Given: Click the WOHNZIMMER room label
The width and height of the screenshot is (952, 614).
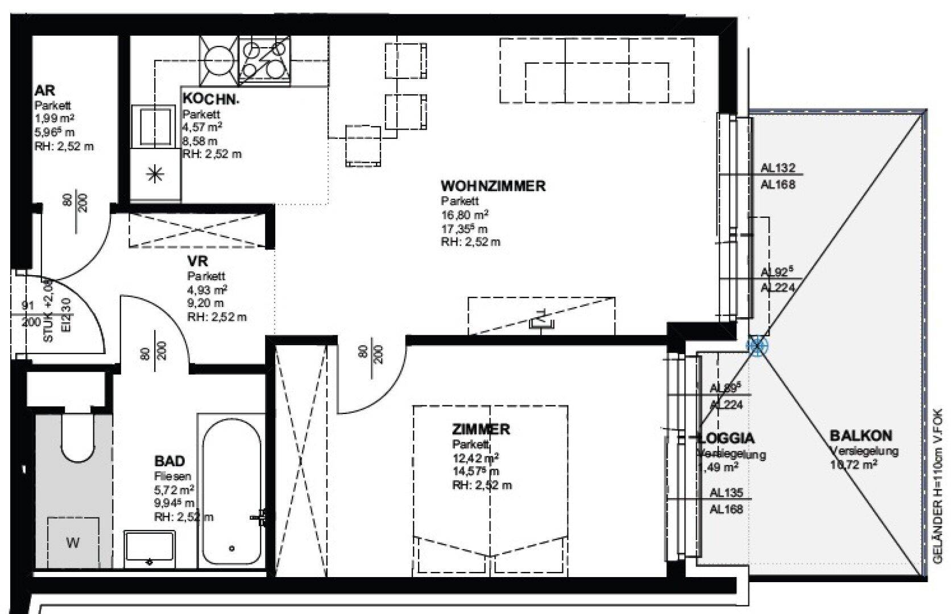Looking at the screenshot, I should pyautogui.click(x=492, y=186).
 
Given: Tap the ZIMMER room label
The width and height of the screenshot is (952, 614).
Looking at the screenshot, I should pyautogui.click(x=481, y=429).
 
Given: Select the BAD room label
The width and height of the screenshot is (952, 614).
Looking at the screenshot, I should pyautogui.click(x=169, y=460).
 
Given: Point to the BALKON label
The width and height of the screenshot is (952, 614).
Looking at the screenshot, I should pyautogui.click(x=861, y=436).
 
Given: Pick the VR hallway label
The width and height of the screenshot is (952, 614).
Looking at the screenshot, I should pyautogui.click(x=198, y=262).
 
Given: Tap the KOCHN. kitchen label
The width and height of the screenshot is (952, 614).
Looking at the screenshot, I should pyautogui.click(x=211, y=99).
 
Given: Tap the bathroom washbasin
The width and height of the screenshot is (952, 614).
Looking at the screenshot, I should pyautogui.click(x=150, y=547).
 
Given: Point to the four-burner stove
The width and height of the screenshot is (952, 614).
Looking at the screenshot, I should pyautogui.click(x=264, y=60).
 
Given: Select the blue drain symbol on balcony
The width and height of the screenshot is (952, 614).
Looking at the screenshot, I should pyautogui.click(x=757, y=345).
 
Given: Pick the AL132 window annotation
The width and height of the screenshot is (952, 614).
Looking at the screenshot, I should pyautogui.click(x=778, y=168).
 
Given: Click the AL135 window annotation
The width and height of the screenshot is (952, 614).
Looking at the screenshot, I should pyautogui.click(x=726, y=493).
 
